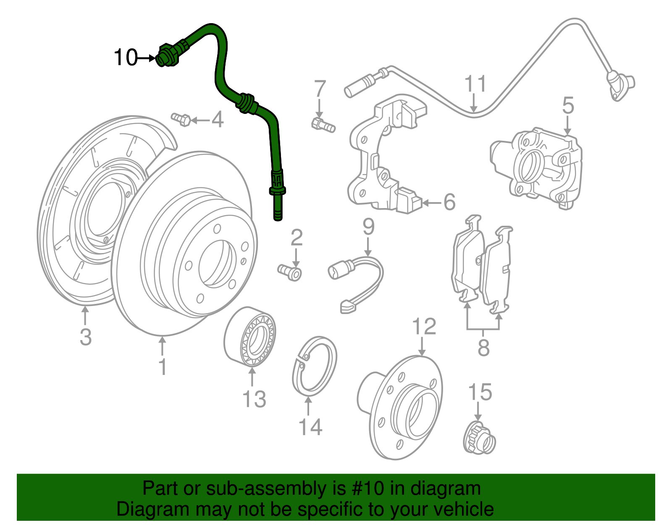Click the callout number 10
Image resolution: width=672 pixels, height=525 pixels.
click(x=126, y=58)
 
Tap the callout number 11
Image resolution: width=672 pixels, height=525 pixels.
click(x=475, y=84)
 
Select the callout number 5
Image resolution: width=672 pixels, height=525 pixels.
click(x=568, y=105)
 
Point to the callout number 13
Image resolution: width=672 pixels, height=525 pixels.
click(x=254, y=398)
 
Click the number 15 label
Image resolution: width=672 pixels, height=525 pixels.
click(x=480, y=392)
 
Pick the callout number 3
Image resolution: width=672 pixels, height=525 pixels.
click(x=86, y=337)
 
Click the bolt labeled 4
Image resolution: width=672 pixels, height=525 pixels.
click(x=181, y=119)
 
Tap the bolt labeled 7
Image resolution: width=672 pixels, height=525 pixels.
click(x=323, y=124)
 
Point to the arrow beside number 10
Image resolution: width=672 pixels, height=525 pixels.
click(x=147, y=58)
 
